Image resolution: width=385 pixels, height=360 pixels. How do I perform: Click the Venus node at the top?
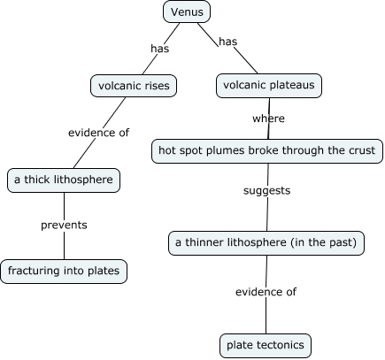187,12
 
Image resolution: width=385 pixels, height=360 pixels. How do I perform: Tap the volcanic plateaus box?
269,86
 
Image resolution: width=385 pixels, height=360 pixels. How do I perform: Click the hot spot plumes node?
267,150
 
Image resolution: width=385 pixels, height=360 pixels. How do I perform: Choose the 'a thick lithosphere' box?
63,180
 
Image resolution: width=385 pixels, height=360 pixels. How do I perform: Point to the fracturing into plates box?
64,271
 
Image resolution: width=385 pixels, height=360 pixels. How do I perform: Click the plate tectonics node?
266,344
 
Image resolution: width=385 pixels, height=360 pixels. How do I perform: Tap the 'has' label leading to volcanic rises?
160,49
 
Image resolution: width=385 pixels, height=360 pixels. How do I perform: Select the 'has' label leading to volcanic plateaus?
228,42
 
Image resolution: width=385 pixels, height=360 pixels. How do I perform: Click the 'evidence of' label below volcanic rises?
99,133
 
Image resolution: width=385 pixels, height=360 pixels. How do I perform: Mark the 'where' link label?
268,118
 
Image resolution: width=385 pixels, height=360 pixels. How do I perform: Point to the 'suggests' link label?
267,190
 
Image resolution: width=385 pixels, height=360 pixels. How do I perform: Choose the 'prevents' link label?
64,225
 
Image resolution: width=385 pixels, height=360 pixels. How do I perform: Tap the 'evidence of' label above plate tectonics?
266,292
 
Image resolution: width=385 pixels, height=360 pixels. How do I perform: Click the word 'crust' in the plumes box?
359,150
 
